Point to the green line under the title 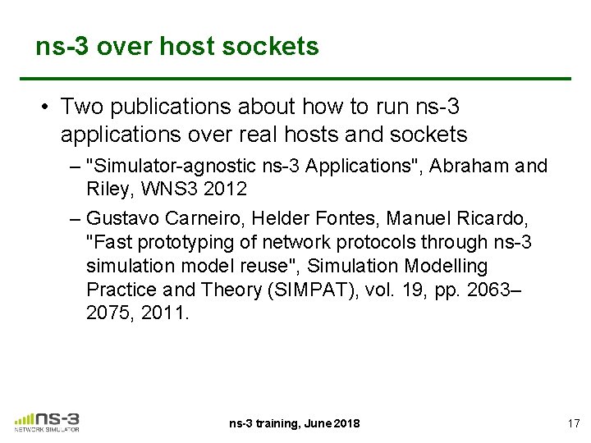pos(304,79)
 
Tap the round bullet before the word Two pos(44,107)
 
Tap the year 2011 pos(167,314)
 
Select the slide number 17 pos(573,423)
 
